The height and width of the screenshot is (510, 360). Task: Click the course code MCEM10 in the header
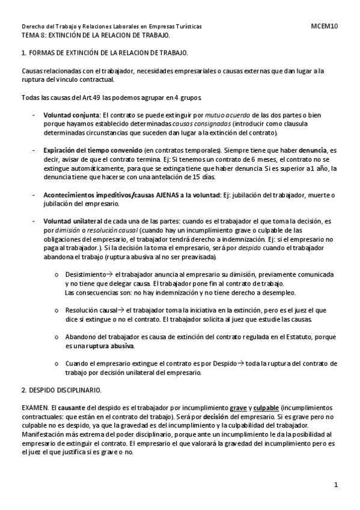pos(325,27)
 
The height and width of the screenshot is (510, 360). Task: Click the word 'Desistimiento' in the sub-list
pos(85,274)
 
